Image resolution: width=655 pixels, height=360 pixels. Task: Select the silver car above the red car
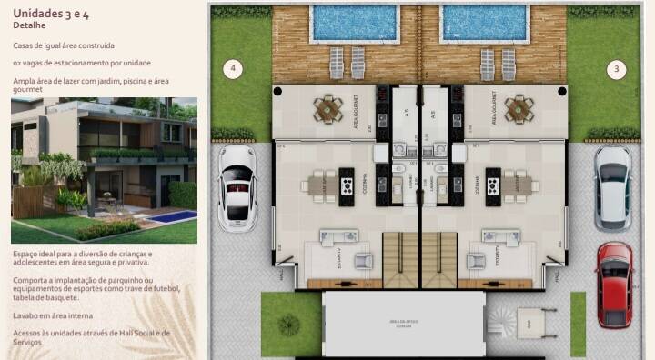coord(612,186)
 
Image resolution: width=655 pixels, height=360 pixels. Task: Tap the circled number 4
coord(234,68)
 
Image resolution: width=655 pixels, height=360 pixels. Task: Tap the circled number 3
coord(617,68)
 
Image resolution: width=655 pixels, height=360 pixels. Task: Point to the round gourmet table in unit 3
coord(518,109)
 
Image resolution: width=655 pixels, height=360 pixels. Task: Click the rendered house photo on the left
coord(104,170)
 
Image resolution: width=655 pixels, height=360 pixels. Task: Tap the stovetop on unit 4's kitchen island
coord(348,186)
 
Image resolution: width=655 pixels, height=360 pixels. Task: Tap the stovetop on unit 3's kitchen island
coord(494,186)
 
